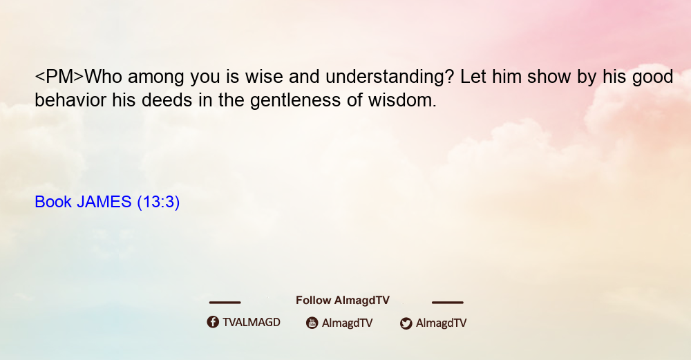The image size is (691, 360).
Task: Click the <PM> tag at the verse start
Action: coord(59,77)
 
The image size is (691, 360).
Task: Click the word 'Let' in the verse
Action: coord(473,77)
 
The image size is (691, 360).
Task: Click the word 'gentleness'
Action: coord(295,101)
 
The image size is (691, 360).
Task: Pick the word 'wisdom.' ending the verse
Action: coord(402,100)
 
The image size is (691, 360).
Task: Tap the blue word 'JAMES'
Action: coord(104,202)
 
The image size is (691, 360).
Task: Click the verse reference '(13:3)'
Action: coord(158,202)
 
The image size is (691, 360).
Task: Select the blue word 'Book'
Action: coord(53,202)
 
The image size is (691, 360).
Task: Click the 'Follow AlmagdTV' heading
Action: coord(343,301)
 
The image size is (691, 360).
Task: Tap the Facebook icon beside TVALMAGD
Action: coord(213,322)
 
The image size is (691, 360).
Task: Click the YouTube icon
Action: coord(312,323)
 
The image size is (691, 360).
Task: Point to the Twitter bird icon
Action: coord(406,323)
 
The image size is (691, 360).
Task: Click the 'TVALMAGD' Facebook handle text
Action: coord(252,323)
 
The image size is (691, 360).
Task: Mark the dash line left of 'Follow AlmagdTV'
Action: coord(225,303)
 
